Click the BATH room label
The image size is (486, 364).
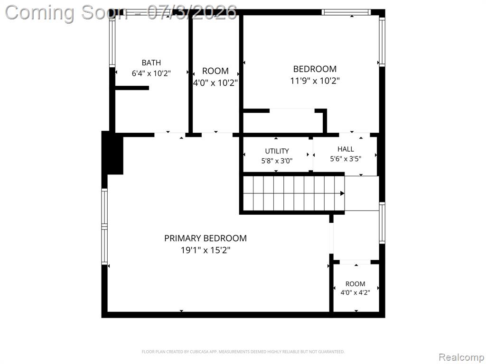pyautogui.click(x=151, y=63)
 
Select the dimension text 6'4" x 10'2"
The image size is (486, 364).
pyautogui.click(x=151, y=73)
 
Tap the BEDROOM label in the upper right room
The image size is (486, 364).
pyautogui.click(x=315, y=69)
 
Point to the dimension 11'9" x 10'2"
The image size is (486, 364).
pyautogui.click(x=315, y=81)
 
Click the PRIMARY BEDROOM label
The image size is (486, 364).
pyautogui.click(x=206, y=238)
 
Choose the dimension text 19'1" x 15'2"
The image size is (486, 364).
pyautogui.click(x=206, y=250)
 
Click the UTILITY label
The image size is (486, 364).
pyautogui.click(x=277, y=151)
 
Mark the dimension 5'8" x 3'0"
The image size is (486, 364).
pyautogui.click(x=277, y=161)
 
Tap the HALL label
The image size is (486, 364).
pyautogui.click(x=346, y=149)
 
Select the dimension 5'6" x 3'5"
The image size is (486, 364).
pyautogui.click(x=346, y=159)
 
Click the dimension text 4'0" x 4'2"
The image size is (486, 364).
pyautogui.click(x=355, y=292)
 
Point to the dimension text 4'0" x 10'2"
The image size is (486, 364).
pyautogui.click(x=215, y=83)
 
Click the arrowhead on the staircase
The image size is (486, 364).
pyautogui.click(x=342, y=193)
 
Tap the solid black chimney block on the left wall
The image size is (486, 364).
pyautogui.click(x=112, y=153)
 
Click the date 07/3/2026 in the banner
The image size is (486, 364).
pyautogui.click(x=192, y=13)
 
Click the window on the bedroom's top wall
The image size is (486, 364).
pyautogui.click(x=346, y=12)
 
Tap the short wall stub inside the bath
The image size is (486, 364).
pyautogui.click(x=132, y=88)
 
